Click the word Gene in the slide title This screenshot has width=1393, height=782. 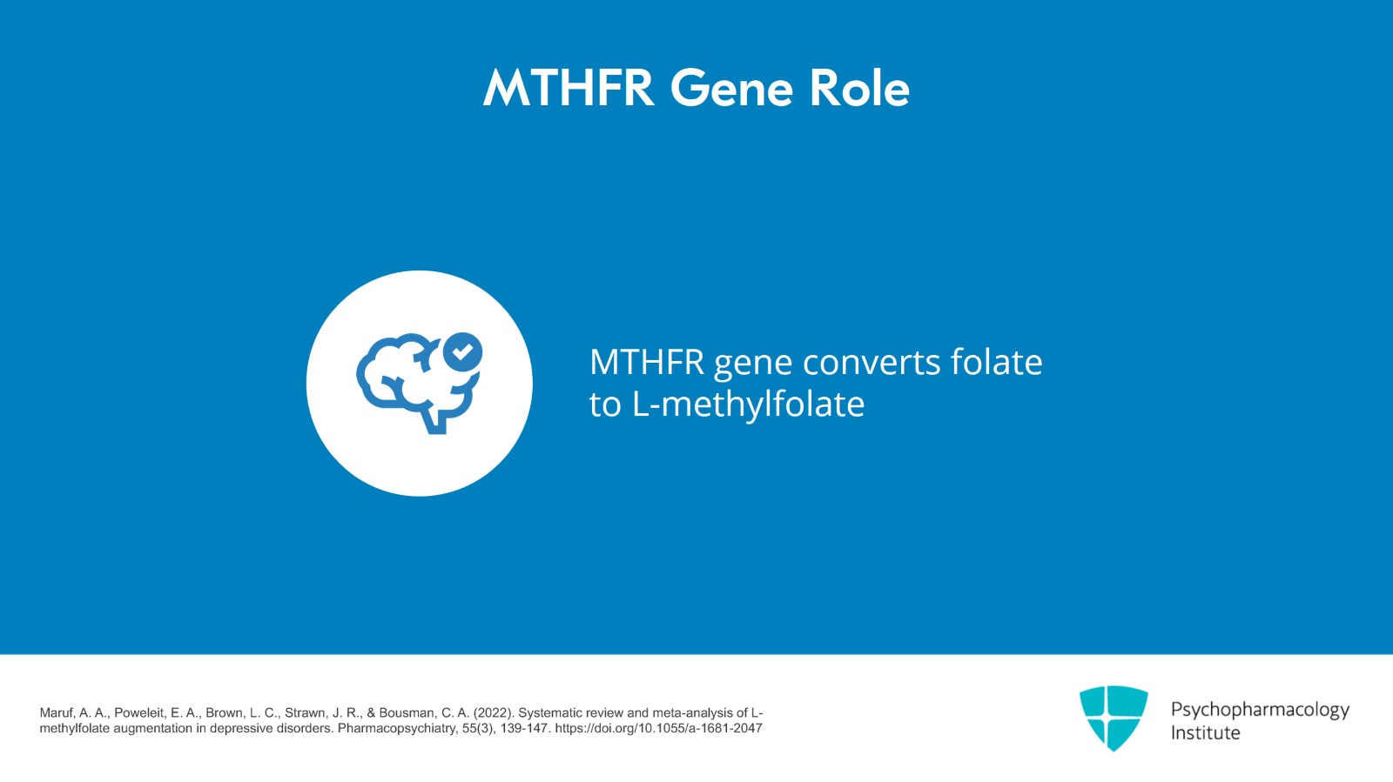point(731,88)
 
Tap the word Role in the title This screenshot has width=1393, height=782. point(859,88)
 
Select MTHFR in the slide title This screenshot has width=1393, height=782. point(569,88)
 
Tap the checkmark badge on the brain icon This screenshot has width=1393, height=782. point(462,352)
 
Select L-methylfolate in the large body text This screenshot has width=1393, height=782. point(748,404)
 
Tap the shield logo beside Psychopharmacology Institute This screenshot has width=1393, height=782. point(1114,718)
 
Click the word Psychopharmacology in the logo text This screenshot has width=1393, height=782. point(1260,710)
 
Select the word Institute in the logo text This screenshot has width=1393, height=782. point(1205,733)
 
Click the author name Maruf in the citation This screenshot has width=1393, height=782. point(57,713)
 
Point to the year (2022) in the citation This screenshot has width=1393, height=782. point(494,713)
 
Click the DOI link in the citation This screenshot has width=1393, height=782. point(658,728)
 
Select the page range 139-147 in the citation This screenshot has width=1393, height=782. point(523,728)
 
